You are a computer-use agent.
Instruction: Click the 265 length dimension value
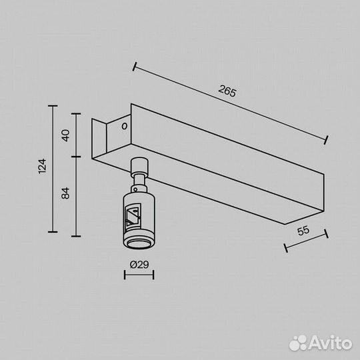(227, 92)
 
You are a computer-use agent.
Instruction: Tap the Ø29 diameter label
(139, 265)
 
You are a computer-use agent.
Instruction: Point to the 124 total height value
(41, 167)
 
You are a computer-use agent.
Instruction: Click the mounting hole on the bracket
(124, 125)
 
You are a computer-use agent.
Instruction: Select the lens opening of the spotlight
(139, 242)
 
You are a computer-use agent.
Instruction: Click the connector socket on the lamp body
(131, 214)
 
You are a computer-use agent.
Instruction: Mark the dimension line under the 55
(306, 241)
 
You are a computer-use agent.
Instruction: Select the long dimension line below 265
(230, 103)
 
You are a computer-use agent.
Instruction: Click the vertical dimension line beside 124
(52, 167)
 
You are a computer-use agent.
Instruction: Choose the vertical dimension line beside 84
(75, 196)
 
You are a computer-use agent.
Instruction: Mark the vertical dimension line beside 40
(75, 136)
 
